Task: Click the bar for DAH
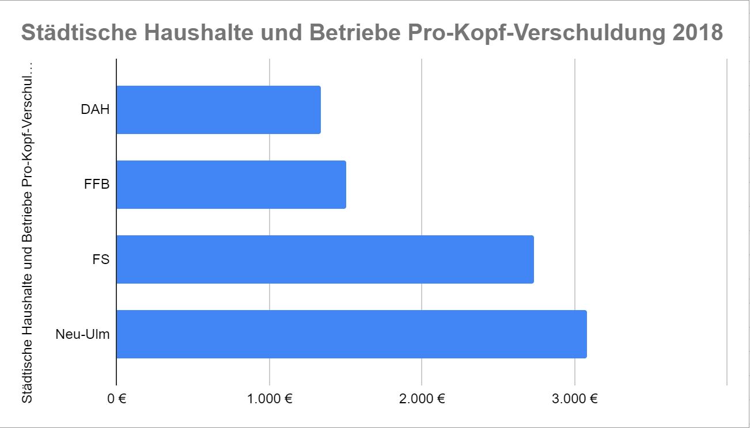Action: pos(218,110)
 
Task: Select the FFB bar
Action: pos(231,185)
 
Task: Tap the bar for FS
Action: pos(325,259)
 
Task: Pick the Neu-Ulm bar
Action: pos(351,334)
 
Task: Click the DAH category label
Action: pos(95,110)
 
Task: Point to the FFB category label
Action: pos(96,185)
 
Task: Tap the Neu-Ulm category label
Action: pos(82,334)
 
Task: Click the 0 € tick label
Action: pos(116,398)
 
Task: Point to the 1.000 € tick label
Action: pos(269,398)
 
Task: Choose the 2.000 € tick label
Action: pos(422,398)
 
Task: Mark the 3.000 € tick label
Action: pos(574,398)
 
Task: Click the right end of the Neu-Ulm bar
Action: pos(585,334)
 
